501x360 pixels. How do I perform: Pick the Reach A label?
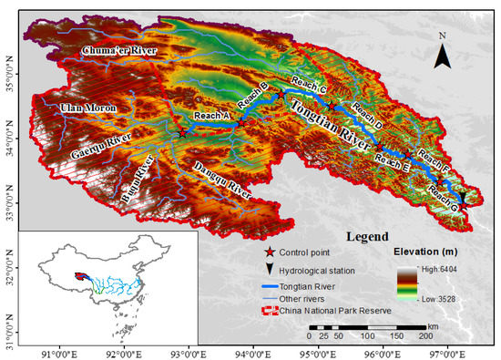coord(211,116)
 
